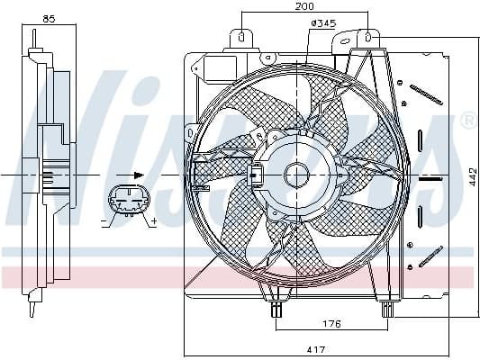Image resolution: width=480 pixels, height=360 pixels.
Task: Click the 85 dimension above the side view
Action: (49, 17)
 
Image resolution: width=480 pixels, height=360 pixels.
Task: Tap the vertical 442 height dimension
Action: (472, 177)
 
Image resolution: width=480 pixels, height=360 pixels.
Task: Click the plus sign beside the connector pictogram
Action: (154, 220)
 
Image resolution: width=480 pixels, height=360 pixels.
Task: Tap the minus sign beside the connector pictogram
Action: (104, 220)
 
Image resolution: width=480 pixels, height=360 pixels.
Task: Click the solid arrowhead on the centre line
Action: (138, 174)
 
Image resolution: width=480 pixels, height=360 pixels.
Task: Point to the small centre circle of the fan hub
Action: (297, 174)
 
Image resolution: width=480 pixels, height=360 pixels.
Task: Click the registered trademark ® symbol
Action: (468, 119)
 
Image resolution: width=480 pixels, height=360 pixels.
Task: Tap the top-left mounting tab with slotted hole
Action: (241, 39)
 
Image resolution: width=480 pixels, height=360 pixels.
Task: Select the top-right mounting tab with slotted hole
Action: (367, 39)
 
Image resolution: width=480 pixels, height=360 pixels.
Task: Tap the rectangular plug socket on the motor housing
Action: (258, 174)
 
